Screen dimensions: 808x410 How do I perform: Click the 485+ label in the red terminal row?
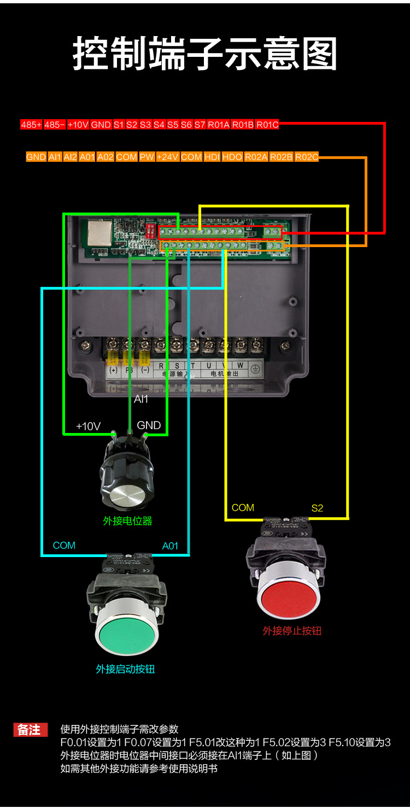(x=31, y=125)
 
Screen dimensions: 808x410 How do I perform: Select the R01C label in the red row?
(x=267, y=125)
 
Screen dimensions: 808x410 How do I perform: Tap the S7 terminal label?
(x=200, y=125)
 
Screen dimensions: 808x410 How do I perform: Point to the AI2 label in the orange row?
(x=71, y=157)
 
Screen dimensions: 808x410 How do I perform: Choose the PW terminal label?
(x=147, y=157)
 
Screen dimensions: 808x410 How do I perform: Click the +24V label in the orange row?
(x=168, y=157)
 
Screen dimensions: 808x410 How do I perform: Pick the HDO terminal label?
(x=232, y=157)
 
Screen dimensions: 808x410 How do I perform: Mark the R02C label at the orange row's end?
(x=307, y=157)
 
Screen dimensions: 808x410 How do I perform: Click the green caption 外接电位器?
(x=127, y=521)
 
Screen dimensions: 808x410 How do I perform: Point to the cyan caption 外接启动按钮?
(x=125, y=669)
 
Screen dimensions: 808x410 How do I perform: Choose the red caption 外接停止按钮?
(x=292, y=631)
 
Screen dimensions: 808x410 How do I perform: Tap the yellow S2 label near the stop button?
(x=317, y=508)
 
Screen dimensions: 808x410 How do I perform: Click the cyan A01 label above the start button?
(x=170, y=546)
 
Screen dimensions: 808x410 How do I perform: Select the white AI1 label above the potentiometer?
(x=141, y=399)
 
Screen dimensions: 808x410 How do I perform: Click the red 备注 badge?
(x=30, y=730)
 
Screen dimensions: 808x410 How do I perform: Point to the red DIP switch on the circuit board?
(x=151, y=230)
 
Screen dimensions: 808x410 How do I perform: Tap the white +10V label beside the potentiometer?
(x=88, y=426)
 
